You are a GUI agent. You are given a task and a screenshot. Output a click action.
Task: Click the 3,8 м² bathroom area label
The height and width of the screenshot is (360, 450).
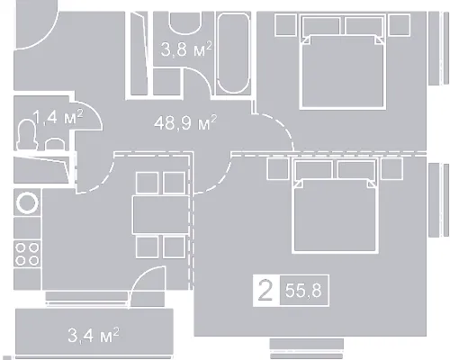pos(186,49)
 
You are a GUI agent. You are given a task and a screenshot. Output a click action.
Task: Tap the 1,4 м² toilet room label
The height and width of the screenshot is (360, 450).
pos(58,116)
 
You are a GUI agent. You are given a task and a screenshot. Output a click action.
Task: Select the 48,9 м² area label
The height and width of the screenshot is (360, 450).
pos(185,122)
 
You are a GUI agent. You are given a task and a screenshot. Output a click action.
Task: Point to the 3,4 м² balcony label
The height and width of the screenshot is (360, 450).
pos(94,335)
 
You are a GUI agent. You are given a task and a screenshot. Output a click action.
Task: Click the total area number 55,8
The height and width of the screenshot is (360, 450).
pos(303,291)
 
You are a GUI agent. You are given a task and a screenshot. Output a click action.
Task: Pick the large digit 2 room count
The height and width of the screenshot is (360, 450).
pos(265,290)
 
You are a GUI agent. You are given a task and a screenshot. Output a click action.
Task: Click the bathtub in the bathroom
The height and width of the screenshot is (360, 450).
pos(233,53)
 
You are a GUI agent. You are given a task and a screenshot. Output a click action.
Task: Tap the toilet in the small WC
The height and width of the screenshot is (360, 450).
pos(27,135)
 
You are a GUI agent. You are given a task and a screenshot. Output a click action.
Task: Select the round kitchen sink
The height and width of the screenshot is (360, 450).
pos(27,202)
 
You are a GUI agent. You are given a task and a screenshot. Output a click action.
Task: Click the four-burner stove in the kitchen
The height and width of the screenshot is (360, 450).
pos(27,254)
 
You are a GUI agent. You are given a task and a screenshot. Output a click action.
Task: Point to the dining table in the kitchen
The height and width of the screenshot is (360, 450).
pos(161,215)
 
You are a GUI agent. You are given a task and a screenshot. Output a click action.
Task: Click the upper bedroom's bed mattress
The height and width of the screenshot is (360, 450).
pos(343,71)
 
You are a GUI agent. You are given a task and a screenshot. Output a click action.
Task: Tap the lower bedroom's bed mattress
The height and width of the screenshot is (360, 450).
pos(335,215)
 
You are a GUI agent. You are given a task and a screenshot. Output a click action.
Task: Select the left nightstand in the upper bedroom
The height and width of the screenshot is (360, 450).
pos(286,25)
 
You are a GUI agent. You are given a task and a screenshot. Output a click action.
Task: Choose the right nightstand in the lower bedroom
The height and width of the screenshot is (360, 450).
pos(391,168)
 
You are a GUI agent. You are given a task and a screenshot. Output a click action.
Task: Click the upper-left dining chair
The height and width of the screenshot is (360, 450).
pos(147,183)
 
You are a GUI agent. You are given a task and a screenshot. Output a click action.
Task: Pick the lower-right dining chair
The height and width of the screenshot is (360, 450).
pos(175,247)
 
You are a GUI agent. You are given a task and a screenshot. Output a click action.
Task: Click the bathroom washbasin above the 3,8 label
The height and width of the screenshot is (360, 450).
pos(185,22)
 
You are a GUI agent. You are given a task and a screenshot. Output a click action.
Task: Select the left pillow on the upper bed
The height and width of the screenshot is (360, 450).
pos(321,26)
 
